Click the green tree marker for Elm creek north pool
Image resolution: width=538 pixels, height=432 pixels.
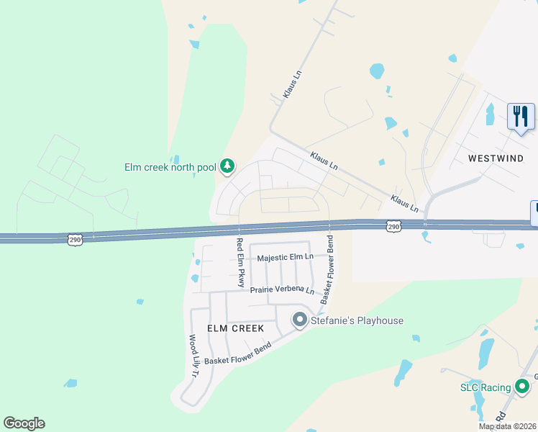[x=227, y=167]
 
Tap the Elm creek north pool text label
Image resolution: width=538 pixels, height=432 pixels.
[x=170, y=168]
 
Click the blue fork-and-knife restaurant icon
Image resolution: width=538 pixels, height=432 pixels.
[x=521, y=117]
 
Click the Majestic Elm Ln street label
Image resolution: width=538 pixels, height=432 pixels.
[x=286, y=257]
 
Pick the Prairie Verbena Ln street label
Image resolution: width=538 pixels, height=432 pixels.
[x=283, y=290]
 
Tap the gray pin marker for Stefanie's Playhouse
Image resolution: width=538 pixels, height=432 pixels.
[x=300, y=320]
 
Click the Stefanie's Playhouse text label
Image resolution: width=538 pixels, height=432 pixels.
[x=357, y=320]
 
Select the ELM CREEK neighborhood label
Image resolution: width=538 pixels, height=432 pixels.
[x=235, y=328]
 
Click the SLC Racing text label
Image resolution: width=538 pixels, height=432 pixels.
[x=485, y=388]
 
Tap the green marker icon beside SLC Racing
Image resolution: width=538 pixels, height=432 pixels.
[x=523, y=387]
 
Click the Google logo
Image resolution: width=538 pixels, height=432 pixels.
[x=24, y=423]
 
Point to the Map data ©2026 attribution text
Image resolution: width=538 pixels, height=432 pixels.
[x=507, y=426]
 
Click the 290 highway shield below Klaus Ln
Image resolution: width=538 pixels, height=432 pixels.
[x=393, y=226]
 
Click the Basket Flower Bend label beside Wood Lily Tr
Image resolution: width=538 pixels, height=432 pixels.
[x=238, y=354]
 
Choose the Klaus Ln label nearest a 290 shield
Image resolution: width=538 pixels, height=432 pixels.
[x=404, y=202]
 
